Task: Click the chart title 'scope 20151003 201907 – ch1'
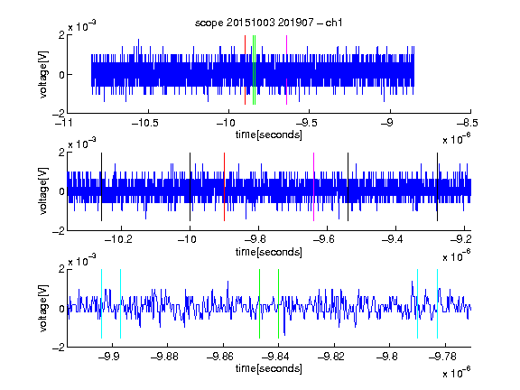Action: tap(269, 23)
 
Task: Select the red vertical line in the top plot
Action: tap(245, 70)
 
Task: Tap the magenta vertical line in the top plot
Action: tap(286, 70)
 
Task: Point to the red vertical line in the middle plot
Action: tap(224, 187)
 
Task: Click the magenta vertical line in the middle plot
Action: tap(314, 187)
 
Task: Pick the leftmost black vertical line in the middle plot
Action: tap(101, 187)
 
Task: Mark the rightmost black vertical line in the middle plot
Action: tap(438, 187)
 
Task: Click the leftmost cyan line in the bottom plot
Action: tap(101, 303)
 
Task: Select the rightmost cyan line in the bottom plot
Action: tap(438, 303)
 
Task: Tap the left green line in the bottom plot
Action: tap(259, 303)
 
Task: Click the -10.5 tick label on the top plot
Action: tap(145, 123)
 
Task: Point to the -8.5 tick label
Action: tap(468, 123)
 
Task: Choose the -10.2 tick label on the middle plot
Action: tap(118, 238)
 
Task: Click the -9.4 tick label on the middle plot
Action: tap(393, 238)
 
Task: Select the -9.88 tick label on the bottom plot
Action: tap(164, 357)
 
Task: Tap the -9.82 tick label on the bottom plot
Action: tap(331, 357)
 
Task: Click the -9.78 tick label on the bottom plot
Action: tap(442, 357)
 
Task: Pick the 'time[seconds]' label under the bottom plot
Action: tap(269, 368)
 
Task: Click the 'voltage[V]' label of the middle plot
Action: tap(43, 191)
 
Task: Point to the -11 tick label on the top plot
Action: tap(64, 123)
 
